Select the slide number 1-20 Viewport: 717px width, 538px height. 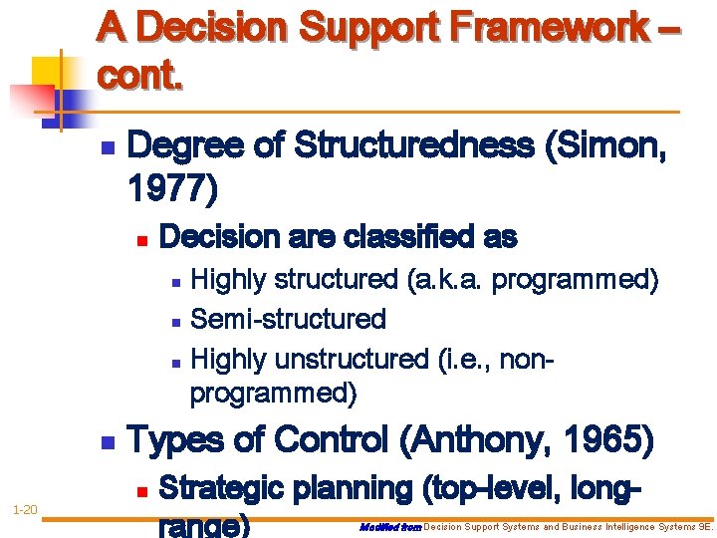[25, 510]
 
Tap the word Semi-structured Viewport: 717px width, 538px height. [288, 319]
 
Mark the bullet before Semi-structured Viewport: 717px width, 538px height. [175, 321]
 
